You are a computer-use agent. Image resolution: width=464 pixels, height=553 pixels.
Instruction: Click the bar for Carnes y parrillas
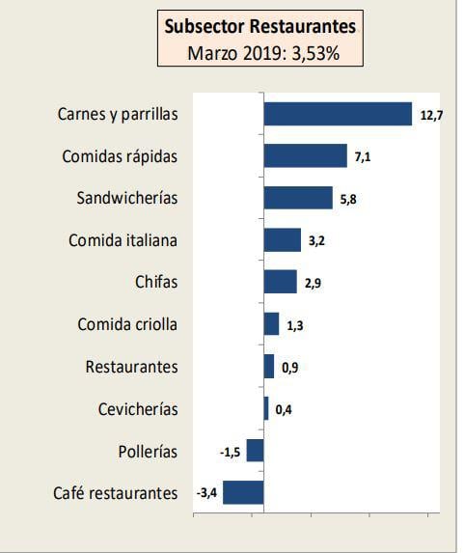click(x=338, y=114)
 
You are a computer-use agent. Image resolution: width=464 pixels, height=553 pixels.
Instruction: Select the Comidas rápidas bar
click(x=305, y=156)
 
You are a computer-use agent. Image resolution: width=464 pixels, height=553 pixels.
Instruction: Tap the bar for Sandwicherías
click(x=298, y=198)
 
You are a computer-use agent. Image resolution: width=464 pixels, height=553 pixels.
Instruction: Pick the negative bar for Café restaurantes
click(x=243, y=492)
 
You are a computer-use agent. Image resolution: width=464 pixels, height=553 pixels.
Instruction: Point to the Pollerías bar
click(x=255, y=451)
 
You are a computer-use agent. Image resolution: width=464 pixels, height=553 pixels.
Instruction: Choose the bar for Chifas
click(x=280, y=282)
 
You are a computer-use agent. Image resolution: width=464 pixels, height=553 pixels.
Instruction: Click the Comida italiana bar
click(x=282, y=240)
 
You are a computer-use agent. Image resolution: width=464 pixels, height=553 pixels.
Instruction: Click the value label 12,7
click(x=431, y=116)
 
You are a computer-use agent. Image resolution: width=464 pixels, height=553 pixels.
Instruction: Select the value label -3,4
click(x=206, y=493)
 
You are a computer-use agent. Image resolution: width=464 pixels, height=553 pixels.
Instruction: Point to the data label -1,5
click(x=230, y=452)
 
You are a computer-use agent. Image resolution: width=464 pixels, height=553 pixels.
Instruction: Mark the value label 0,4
click(x=284, y=409)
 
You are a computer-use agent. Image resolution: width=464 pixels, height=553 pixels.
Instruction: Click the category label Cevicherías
click(x=138, y=409)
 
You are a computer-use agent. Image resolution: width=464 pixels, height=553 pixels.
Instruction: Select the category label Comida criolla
click(x=127, y=324)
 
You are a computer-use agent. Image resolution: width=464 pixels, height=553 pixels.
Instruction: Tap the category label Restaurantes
click(x=131, y=367)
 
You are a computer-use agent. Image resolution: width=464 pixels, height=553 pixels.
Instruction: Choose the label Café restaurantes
click(x=116, y=493)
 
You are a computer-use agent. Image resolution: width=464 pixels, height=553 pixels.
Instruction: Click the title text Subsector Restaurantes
click(x=260, y=26)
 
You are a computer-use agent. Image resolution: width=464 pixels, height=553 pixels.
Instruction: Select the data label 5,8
click(x=349, y=199)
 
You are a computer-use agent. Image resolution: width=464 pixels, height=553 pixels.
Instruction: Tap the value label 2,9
click(x=313, y=283)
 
